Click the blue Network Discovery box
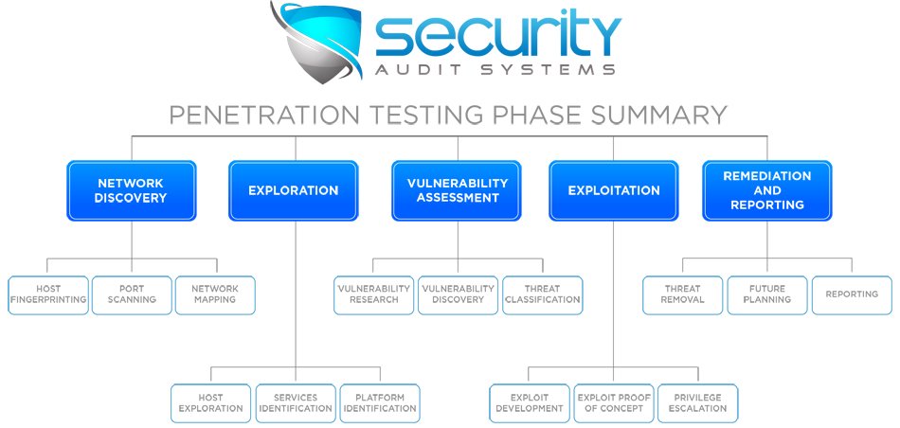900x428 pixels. coord(131,190)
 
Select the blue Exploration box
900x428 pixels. coord(293,190)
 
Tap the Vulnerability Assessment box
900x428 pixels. coord(457,190)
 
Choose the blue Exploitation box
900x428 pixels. coord(614,190)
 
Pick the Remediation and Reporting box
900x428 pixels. coord(767,190)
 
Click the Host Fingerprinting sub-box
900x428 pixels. coord(48,294)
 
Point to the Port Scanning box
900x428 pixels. coord(132,294)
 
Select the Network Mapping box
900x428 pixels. coord(215,294)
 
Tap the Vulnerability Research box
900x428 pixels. coord(374,294)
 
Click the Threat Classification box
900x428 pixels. coord(542,294)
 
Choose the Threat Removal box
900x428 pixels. coord(683,294)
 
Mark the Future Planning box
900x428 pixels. coord(767,294)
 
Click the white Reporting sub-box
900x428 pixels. coord(852,294)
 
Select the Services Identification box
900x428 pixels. coord(296,402)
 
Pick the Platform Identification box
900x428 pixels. coord(379,402)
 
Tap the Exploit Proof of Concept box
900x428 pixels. coord(613,402)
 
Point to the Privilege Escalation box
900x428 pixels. coord(697,402)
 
